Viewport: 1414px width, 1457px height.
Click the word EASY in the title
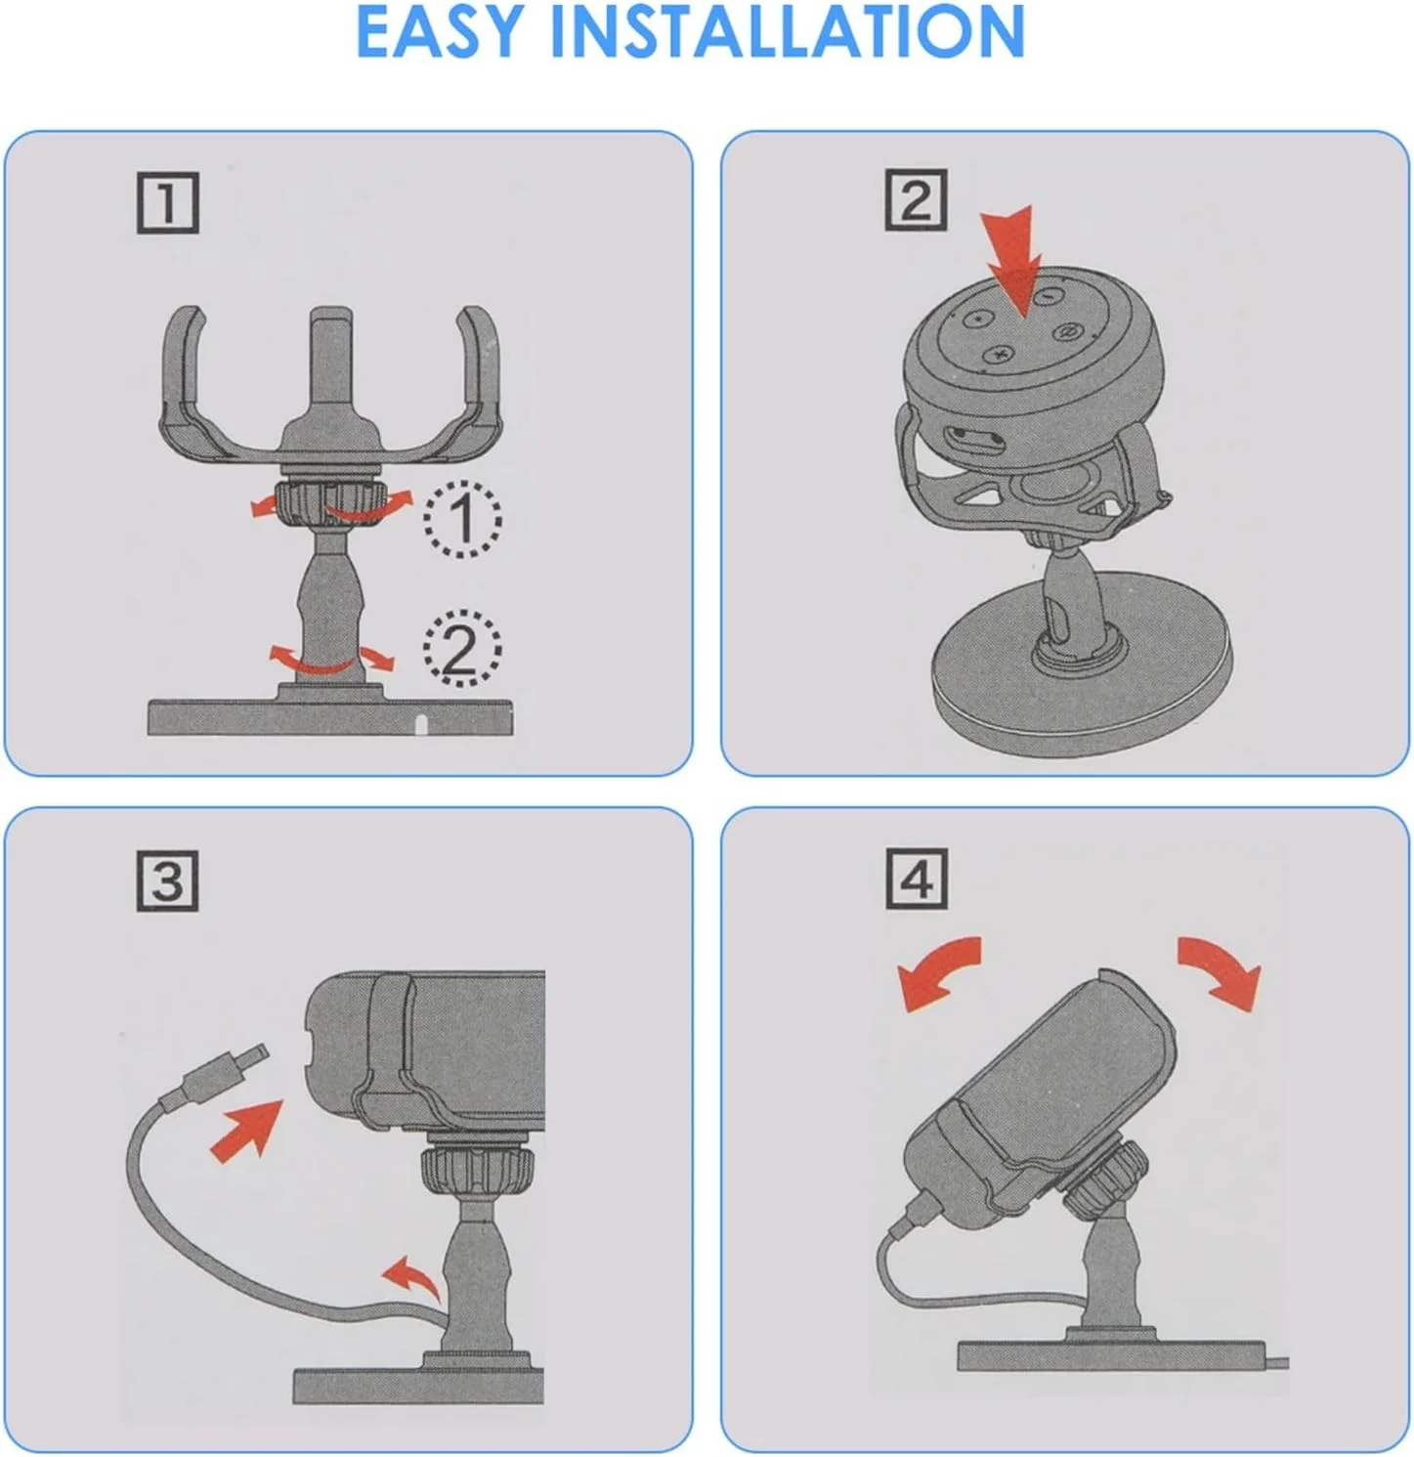[x=440, y=31]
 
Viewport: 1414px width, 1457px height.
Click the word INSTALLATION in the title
[x=788, y=31]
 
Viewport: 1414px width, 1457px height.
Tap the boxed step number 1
[x=167, y=203]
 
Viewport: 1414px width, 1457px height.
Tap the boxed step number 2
[x=916, y=200]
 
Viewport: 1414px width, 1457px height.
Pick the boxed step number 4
[x=916, y=878]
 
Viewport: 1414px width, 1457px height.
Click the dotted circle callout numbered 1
[x=462, y=519]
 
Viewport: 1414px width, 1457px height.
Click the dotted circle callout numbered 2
[x=461, y=647]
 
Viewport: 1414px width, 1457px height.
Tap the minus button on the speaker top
[x=1046, y=293]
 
